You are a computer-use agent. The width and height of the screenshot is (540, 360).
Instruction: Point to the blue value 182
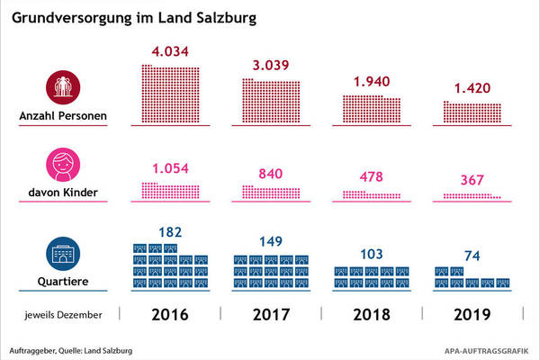pyautogui.click(x=171, y=232)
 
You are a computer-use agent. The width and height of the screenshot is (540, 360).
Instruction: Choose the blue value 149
pyautogui.click(x=271, y=239)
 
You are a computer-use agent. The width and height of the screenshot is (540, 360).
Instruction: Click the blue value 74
pyautogui.click(x=472, y=256)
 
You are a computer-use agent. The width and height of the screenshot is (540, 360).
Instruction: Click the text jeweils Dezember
pyautogui.click(x=63, y=315)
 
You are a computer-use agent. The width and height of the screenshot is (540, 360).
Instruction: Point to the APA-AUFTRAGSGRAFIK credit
pyautogui.click(x=487, y=349)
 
